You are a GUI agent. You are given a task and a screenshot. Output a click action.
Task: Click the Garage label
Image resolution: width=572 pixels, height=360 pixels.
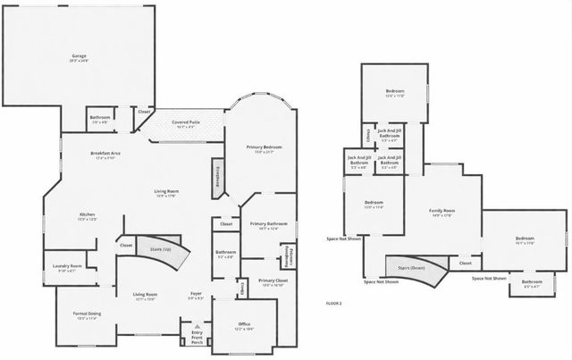point(79,56)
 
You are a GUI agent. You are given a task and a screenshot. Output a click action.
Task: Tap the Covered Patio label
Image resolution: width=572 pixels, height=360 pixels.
point(186,125)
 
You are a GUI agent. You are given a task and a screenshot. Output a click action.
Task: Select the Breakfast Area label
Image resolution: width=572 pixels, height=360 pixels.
point(105,154)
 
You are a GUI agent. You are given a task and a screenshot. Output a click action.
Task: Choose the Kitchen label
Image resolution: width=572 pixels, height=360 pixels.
point(88,215)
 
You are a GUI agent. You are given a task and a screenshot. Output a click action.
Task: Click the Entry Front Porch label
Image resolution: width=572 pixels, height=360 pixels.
point(197,337)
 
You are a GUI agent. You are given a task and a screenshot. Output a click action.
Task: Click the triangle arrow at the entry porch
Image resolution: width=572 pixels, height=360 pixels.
point(197,327)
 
